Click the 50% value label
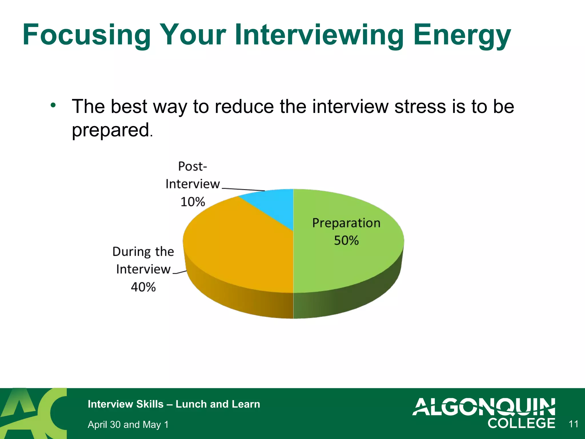tap(346, 240)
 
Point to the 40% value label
tap(143, 287)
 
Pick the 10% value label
tap(193, 202)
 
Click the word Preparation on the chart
tap(346, 223)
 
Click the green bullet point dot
tap(53, 105)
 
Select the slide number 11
tap(573, 424)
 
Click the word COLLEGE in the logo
tap(521, 423)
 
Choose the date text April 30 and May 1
tap(128, 424)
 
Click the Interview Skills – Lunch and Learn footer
tap(174, 404)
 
